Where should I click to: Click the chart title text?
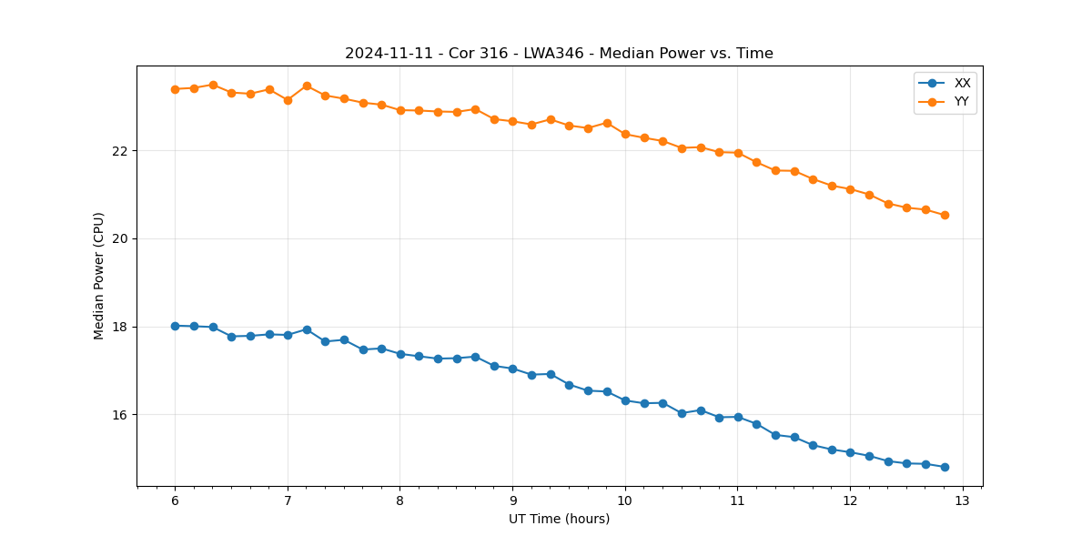click(x=559, y=54)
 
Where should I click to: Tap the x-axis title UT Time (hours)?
click(x=559, y=519)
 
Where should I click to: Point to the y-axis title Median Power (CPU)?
click(x=99, y=276)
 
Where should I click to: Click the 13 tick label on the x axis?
click(x=963, y=501)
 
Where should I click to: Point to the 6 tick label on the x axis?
click(x=175, y=501)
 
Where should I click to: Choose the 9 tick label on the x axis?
click(x=512, y=501)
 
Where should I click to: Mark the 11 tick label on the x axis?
click(x=737, y=501)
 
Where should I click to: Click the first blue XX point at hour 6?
click(x=175, y=326)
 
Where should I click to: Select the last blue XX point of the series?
click(x=945, y=467)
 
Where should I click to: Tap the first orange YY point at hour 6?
click(x=175, y=89)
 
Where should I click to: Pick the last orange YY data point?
click(x=945, y=215)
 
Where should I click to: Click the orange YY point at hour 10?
click(x=625, y=134)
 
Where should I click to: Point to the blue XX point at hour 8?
click(x=400, y=354)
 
